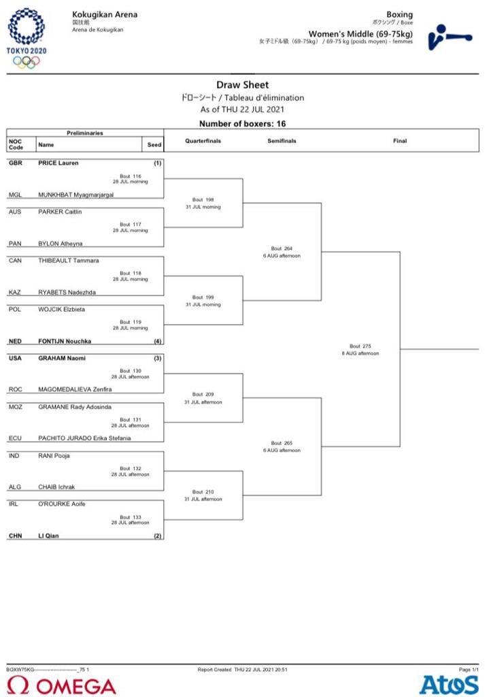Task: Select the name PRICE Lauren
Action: pos(58,163)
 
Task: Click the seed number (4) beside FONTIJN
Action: pos(157,341)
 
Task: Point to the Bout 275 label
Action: pos(360,346)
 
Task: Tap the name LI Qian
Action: pos(48,536)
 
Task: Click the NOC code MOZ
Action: pos(16,407)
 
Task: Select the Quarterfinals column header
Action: pos(203,141)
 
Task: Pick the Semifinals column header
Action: pos(282,141)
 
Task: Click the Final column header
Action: pos(400,141)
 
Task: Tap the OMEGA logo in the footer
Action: pos(62,685)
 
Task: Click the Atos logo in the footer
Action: pos(449,685)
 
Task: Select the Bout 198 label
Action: pos(203,200)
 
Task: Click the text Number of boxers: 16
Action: pos(243,123)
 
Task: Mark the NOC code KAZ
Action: pos(15,293)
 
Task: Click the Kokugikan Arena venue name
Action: pos(104,14)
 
